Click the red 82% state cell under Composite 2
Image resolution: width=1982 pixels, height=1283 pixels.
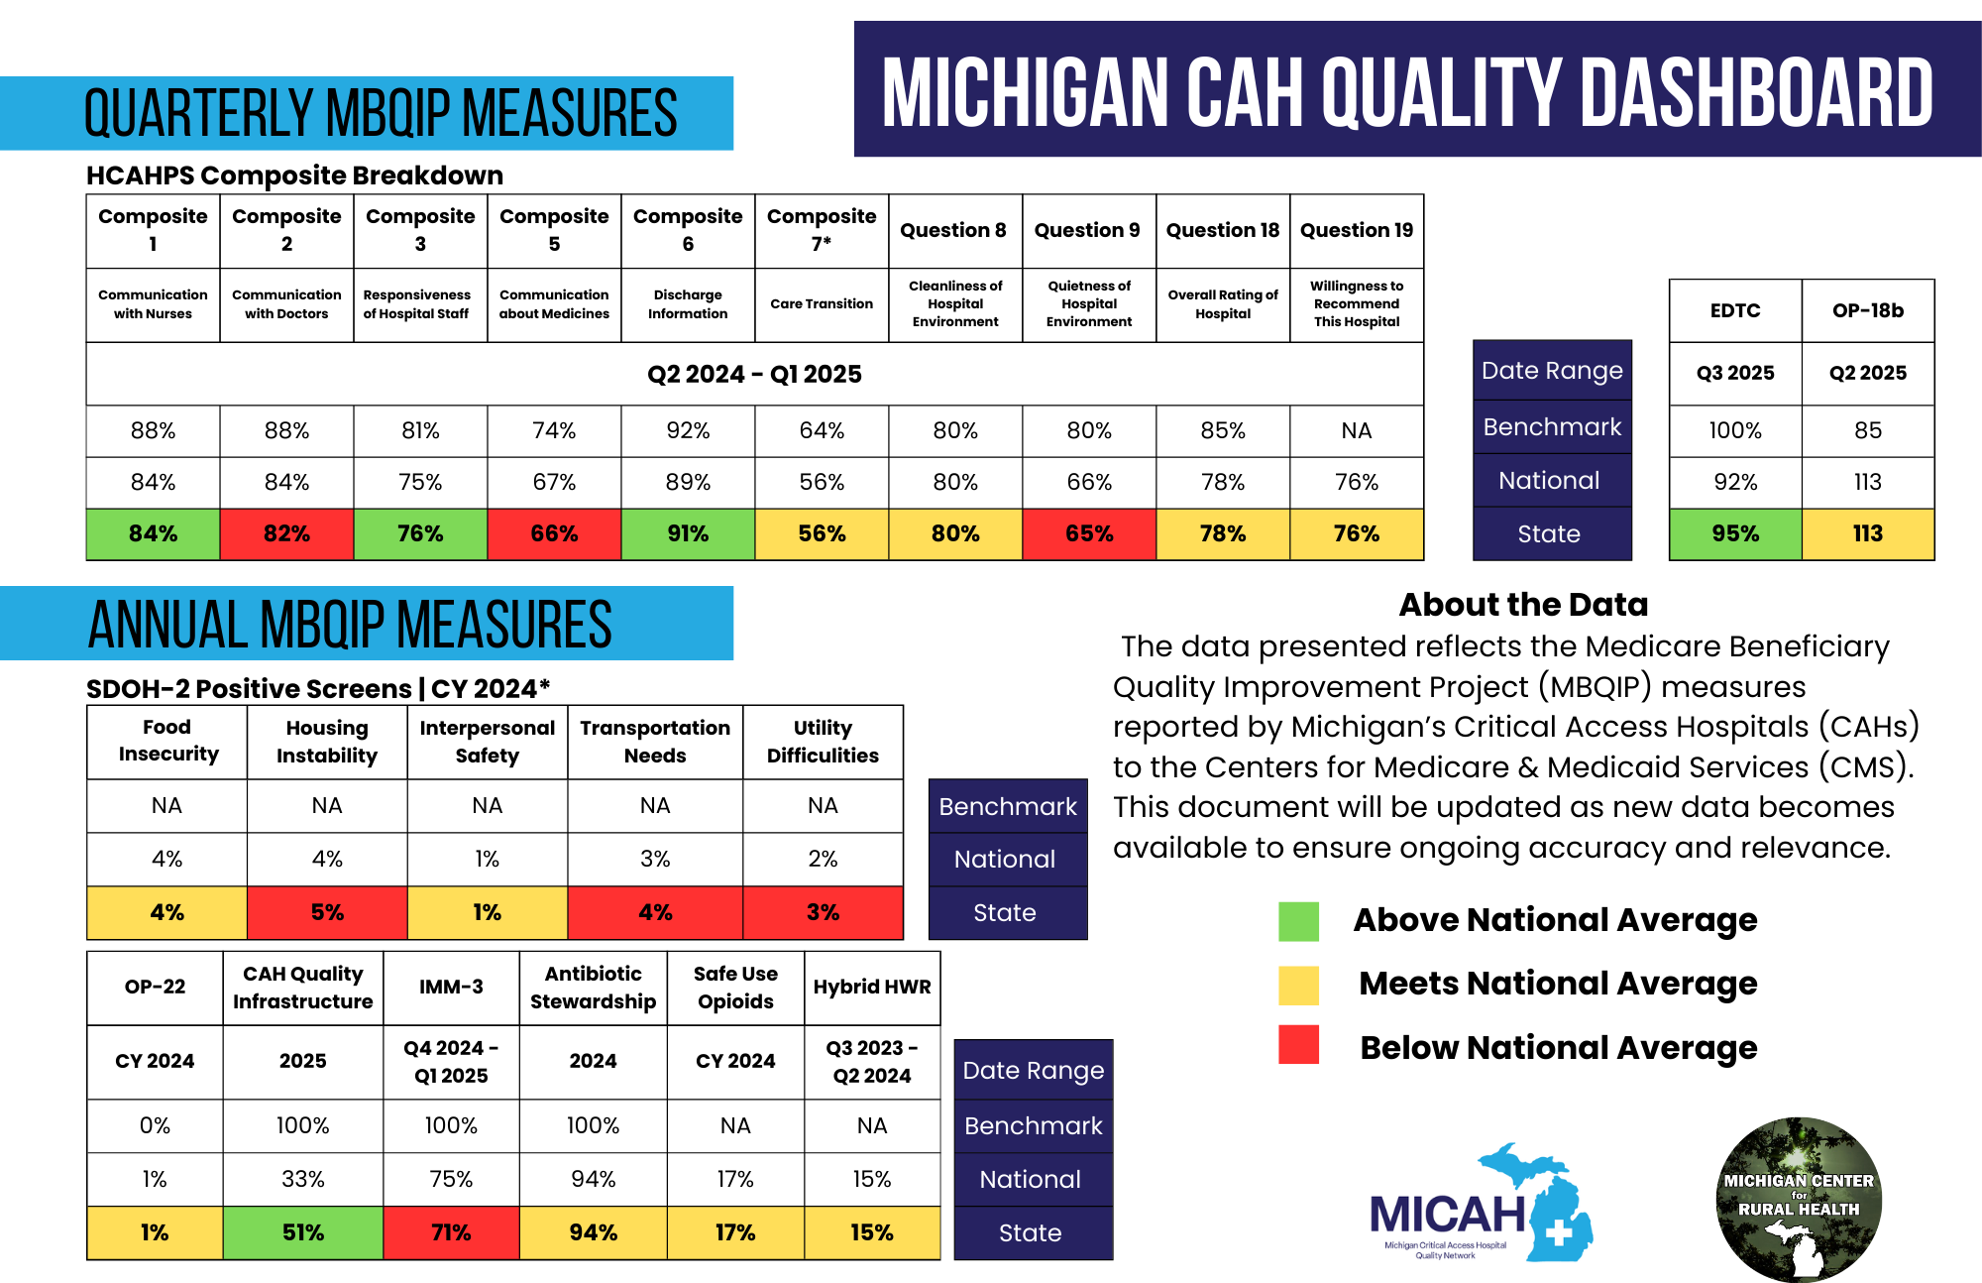tap(286, 533)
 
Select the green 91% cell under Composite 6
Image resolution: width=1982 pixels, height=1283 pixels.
tap(688, 533)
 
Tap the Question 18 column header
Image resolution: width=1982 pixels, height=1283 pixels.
tap(1223, 230)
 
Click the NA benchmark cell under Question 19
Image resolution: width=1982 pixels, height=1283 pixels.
tap(1357, 430)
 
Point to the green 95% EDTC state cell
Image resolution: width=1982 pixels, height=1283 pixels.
tap(1735, 533)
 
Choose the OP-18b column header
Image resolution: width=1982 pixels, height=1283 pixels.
tap(1868, 310)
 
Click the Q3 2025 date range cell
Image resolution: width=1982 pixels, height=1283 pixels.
tap(1735, 373)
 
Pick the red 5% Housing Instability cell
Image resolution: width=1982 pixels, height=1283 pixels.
tap(327, 912)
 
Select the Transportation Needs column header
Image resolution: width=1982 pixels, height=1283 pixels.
tap(655, 742)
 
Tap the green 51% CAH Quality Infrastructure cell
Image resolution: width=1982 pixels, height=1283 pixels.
tap(302, 1232)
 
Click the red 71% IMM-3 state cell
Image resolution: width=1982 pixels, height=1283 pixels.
tap(451, 1232)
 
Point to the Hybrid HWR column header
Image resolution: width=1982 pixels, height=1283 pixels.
tap(872, 987)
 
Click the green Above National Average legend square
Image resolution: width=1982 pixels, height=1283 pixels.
tap(1298, 921)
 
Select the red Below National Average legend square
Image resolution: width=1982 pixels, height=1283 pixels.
tap(1298, 1044)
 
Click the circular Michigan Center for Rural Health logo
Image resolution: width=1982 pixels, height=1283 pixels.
tap(1799, 1199)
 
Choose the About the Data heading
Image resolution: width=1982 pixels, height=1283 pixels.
tap(1523, 604)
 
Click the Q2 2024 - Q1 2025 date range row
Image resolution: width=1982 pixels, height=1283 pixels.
tap(754, 374)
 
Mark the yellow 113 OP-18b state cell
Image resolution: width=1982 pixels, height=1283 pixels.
tap(1868, 533)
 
